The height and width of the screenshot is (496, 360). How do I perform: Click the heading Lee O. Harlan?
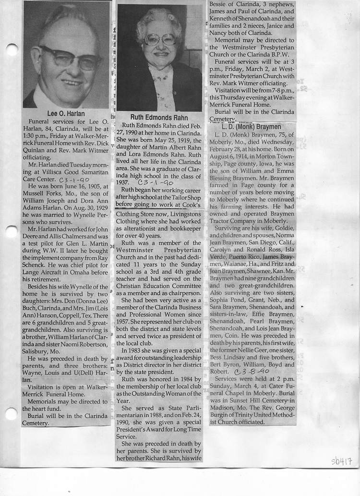tap(66, 114)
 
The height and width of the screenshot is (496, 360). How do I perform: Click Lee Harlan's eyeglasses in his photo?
tap(70, 57)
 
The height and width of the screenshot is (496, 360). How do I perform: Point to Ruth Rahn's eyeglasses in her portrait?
tap(160, 39)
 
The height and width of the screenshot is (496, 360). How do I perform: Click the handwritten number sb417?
tap(341, 462)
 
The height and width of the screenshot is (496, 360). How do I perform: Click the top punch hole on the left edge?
tap(11, 49)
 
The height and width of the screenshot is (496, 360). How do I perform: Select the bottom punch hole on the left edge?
tap(11, 413)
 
